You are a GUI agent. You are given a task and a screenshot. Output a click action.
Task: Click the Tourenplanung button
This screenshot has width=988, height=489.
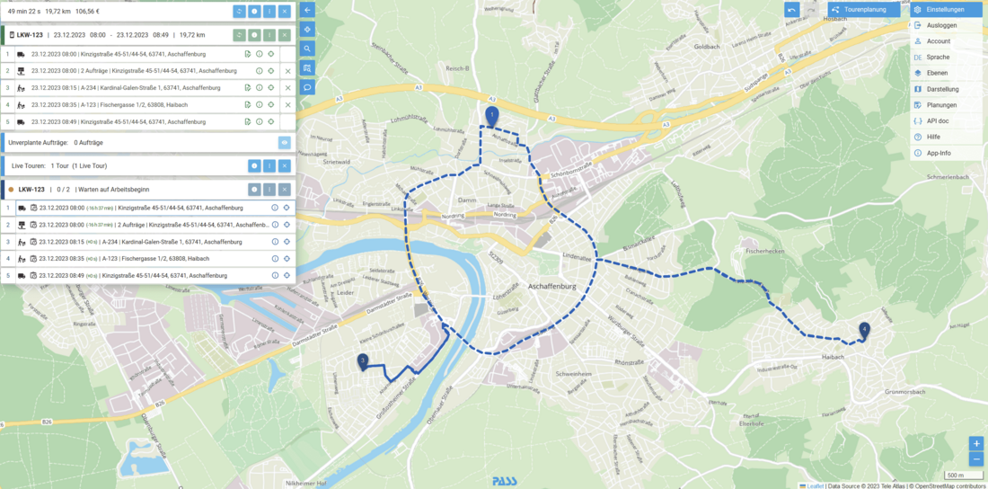864,10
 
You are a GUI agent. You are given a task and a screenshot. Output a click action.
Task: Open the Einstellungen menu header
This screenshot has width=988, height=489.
946,10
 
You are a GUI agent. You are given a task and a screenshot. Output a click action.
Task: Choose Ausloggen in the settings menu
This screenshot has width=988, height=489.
941,25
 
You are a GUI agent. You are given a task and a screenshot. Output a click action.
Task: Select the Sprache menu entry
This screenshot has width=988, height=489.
938,57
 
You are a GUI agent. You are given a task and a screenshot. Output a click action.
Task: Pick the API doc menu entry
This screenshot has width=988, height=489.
939,120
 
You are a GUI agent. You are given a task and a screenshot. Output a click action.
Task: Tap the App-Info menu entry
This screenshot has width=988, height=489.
939,153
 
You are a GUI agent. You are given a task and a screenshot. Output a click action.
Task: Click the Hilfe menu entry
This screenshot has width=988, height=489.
933,137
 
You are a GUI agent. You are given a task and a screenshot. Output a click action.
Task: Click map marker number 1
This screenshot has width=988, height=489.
491,116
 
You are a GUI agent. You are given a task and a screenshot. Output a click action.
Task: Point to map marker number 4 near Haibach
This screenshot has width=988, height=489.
864,330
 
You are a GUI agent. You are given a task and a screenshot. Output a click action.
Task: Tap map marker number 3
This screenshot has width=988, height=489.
363,362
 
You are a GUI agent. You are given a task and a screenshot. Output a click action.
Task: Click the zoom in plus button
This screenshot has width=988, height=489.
976,444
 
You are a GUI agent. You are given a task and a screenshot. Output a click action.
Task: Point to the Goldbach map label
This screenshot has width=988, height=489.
707,47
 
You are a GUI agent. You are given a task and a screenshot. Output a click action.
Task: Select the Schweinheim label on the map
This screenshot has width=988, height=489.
574,372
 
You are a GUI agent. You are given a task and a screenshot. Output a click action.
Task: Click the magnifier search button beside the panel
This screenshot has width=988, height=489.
307,49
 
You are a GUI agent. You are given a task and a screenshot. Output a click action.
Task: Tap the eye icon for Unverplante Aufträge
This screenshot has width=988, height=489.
284,142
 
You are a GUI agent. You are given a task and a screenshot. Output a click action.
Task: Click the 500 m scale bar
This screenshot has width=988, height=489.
954,476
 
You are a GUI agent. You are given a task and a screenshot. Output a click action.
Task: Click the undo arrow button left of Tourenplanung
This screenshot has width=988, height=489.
791,10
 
